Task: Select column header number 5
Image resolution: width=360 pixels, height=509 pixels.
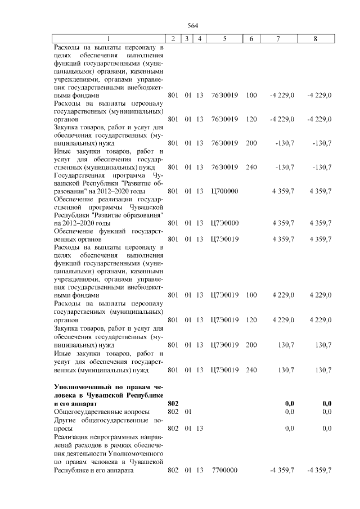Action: coord(224,39)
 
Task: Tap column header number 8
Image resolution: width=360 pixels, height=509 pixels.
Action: coord(316,39)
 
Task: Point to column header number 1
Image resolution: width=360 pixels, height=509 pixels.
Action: coord(108,39)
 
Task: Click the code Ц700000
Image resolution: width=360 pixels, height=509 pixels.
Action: coord(224,191)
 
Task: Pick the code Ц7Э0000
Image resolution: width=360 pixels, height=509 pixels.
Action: coord(224,223)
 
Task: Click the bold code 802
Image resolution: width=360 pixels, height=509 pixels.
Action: coord(173,403)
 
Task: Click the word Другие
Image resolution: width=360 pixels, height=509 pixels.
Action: coord(65,420)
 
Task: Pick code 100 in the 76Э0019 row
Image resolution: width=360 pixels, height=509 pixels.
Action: coord(251,96)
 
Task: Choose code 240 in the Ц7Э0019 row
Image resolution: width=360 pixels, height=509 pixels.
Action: coord(251,370)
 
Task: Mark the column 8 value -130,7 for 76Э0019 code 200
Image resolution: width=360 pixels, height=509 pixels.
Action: coord(322,143)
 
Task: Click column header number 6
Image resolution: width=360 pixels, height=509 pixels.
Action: coord(251,39)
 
